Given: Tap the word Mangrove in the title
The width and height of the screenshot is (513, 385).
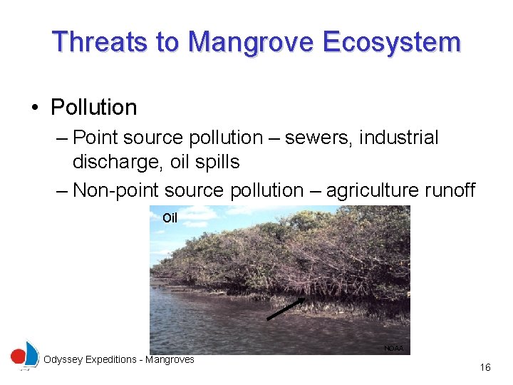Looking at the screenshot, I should tap(251, 42).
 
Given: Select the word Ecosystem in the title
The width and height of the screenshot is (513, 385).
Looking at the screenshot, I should tap(391, 42).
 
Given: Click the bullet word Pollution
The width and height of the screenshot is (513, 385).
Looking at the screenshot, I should tap(93, 108).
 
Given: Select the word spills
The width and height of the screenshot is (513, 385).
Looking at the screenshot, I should tap(216, 163).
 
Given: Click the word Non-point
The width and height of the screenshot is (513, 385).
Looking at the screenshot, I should tap(117, 190).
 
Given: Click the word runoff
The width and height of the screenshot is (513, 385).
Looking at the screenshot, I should tap(448, 190).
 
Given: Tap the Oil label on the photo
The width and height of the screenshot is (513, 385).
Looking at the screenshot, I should tap(170, 218).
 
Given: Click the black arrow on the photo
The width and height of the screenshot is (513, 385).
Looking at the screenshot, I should tap(286, 310).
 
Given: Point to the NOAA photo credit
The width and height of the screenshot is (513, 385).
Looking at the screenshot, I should tap(393, 348).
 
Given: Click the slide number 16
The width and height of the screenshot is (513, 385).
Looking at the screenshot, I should tap(485, 368).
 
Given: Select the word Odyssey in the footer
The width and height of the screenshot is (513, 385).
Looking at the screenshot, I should tap(62, 360).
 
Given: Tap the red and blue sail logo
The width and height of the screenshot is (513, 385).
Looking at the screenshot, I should tap(26, 355).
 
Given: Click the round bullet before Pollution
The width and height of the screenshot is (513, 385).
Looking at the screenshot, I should tap(34, 108).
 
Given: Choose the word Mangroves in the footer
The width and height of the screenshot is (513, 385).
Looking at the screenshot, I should tap(170, 360).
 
